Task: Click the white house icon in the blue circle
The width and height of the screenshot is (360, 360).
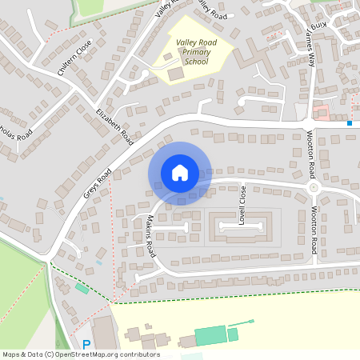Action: click(x=179, y=172)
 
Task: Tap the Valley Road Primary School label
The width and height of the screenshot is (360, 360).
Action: click(x=192, y=50)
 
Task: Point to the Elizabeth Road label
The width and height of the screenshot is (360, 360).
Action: click(x=114, y=126)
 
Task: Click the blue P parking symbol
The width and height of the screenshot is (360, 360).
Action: click(x=86, y=345)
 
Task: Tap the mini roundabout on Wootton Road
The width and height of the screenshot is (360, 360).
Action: click(x=313, y=187)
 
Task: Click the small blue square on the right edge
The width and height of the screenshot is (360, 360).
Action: click(x=350, y=123)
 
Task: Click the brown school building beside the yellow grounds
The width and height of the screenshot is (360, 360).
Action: click(x=175, y=74)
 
